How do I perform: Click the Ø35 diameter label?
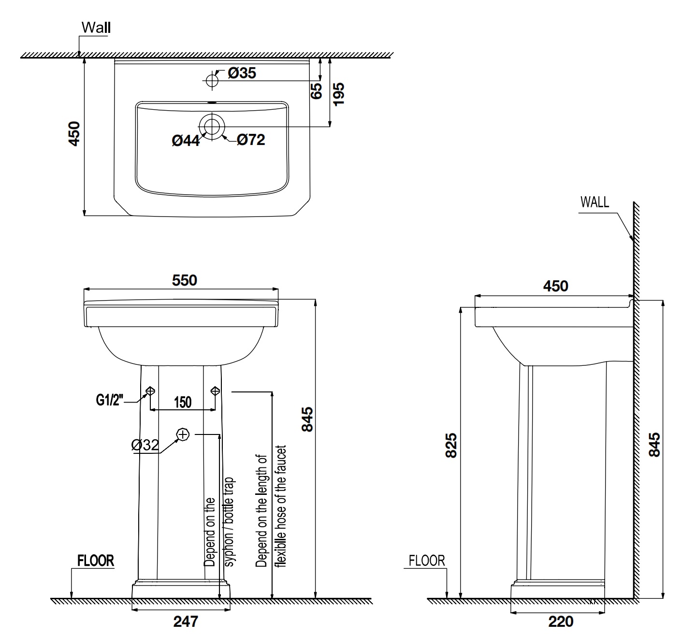[242, 73]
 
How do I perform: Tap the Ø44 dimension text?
[186, 141]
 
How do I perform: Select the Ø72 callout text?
[251, 140]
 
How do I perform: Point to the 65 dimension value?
[317, 91]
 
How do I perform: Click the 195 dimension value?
[339, 95]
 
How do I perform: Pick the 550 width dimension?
[185, 280]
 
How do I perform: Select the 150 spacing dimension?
[182, 402]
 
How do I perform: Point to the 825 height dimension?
[450, 445]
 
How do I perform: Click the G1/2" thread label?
[110, 401]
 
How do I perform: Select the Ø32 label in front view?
[145, 445]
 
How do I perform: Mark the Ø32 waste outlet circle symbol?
[183, 435]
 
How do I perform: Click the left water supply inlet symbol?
[150, 390]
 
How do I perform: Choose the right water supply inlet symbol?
[215, 390]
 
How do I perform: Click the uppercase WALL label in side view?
[594, 202]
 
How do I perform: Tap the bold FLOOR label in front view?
[96, 561]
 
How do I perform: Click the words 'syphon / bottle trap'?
[230, 522]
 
